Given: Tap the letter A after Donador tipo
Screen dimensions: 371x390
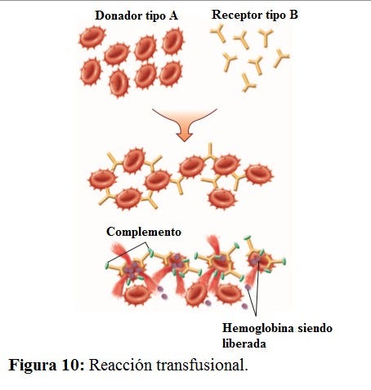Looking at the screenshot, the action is click(x=173, y=16).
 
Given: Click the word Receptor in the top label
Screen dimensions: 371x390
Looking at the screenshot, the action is click(x=235, y=15).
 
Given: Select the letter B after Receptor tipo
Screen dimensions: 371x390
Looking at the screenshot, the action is click(x=293, y=14).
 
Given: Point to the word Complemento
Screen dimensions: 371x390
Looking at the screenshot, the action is click(x=144, y=232).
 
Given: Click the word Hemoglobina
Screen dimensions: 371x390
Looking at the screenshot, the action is click(x=258, y=328).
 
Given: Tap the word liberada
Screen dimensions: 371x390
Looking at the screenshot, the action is click(x=244, y=343).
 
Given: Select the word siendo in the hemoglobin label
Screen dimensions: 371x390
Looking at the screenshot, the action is click(x=315, y=328).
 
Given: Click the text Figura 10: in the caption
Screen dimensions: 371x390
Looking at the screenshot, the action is click(x=47, y=365).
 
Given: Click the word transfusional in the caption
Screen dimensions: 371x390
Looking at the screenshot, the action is click(x=202, y=365).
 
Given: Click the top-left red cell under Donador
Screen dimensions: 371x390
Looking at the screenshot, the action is click(x=92, y=38).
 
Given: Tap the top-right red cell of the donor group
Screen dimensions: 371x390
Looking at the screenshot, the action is click(x=173, y=42).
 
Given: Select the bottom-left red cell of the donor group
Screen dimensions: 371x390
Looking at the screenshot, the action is click(x=91, y=72).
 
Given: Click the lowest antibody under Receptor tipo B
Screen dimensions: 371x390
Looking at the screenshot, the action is click(x=248, y=82).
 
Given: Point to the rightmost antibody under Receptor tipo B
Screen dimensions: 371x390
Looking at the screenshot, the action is click(x=281, y=58).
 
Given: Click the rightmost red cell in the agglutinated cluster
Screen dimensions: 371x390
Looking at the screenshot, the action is click(x=259, y=175).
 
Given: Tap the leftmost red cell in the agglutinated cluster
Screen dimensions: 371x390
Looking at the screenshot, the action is click(x=103, y=179).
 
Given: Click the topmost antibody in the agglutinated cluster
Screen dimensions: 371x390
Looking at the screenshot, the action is click(x=210, y=151).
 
